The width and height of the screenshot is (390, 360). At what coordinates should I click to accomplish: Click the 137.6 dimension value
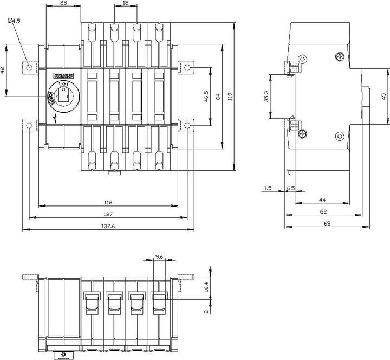[108, 226]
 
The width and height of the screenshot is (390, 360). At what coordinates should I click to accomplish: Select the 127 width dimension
[108, 214]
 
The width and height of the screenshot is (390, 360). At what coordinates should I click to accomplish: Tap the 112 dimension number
[108, 202]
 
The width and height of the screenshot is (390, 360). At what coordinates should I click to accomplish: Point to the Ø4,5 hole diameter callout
[14, 21]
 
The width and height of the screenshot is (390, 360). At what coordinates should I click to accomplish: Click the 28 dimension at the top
[63, 3]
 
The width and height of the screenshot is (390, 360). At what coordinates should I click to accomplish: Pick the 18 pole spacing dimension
[126, 3]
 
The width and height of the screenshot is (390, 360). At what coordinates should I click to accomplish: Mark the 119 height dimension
[230, 97]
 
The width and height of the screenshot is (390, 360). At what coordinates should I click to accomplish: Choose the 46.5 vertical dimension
[206, 97]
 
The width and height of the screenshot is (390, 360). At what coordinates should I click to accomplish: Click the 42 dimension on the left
[3, 70]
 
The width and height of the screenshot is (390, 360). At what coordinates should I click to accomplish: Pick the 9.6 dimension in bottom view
[159, 256]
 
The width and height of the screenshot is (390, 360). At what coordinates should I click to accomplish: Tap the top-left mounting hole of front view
[29, 68]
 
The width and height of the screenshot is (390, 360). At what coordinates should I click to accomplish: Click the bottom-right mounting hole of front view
[187, 126]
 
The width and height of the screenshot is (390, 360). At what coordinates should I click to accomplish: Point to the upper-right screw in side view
[340, 56]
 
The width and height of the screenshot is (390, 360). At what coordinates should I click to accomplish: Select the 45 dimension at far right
[383, 97]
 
